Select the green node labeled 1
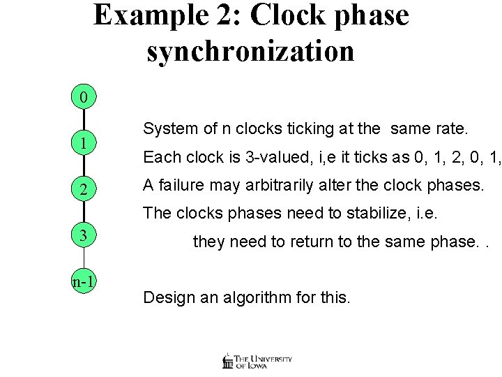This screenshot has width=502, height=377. [x=84, y=144]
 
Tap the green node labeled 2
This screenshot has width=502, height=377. [x=84, y=190]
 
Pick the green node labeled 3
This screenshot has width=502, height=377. [x=84, y=235]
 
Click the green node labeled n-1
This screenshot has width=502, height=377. [x=84, y=281]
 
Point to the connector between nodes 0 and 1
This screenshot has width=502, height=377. [x=84, y=121]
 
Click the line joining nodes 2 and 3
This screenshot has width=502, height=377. [x=84, y=213]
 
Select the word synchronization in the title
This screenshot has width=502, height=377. [x=251, y=50]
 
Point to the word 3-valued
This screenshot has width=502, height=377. [x=262, y=157]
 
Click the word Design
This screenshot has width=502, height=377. [x=167, y=297]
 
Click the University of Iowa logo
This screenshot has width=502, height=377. [x=256, y=360]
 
